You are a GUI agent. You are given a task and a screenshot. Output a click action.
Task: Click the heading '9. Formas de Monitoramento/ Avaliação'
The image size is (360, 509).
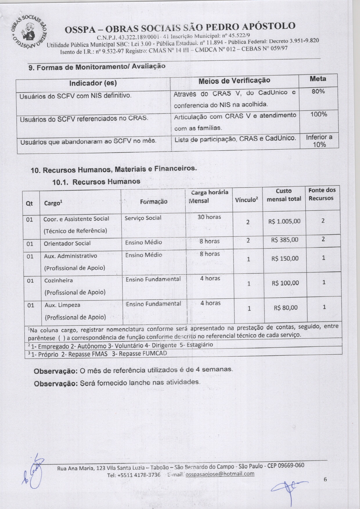[x=97, y=67]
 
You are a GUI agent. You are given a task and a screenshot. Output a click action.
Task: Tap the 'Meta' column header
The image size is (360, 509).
[x=318, y=79]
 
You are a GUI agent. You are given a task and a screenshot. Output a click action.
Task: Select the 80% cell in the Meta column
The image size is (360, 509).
[x=318, y=91]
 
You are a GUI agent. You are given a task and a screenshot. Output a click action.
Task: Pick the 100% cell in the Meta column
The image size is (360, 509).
[x=318, y=114]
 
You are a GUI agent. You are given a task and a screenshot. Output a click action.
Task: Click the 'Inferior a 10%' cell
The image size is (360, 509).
[x=319, y=141]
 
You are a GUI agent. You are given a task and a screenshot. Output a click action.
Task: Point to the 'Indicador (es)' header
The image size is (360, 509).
[x=93, y=83]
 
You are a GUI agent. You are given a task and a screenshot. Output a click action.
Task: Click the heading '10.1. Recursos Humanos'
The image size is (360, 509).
[x=96, y=182]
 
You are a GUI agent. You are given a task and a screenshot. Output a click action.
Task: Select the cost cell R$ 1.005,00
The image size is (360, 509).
[x=284, y=222]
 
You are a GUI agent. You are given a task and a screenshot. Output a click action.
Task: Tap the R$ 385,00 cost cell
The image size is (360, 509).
[x=285, y=240]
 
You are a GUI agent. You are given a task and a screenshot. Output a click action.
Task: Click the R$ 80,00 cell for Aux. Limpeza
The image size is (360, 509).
[x=285, y=308]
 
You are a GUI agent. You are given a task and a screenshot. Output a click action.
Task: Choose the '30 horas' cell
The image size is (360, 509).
[x=209, y=217]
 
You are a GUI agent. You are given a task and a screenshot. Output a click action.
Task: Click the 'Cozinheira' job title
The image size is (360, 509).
[x=58, y=280]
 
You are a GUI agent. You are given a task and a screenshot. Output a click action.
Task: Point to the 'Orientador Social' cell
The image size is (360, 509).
[x=67, y=243]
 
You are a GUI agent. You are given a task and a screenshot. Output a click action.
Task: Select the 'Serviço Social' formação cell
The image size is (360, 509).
[x=143, y=218]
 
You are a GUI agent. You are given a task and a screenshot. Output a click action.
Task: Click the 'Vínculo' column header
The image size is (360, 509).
[x=246, y=200]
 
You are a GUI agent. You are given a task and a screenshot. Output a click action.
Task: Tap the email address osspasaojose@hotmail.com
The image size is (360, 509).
[x=220, y=474]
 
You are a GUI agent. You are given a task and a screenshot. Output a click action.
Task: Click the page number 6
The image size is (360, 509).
[x=325, y=479]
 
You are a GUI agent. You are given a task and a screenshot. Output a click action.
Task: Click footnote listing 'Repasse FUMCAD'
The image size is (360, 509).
[x=99, y=354]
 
